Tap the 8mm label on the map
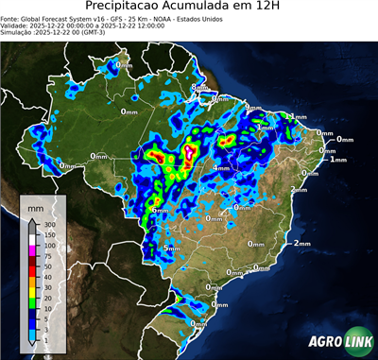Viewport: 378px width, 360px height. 199,88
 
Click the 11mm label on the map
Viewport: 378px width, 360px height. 298,116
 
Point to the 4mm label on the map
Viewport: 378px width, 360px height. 222,168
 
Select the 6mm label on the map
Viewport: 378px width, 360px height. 160,209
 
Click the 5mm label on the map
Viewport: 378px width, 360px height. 172,248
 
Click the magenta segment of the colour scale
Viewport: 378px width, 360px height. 31,249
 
